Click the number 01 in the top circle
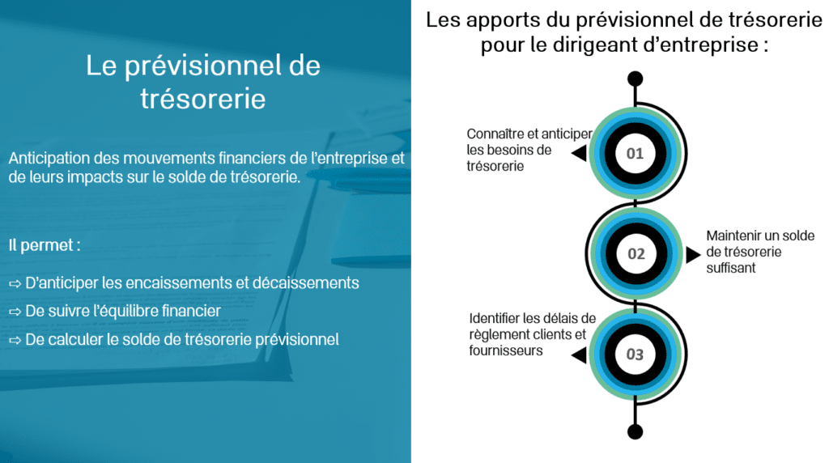click(635, 154)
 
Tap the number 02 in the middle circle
click(636, 254)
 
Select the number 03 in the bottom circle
click(635, 354)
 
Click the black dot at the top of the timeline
click(635, 79)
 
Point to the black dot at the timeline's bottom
click(635, 431)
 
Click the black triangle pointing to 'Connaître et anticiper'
click(580, 153)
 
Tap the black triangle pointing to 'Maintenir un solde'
click(693, 255)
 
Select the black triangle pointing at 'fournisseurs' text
click(580, 355)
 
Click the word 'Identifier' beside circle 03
click(494, 318)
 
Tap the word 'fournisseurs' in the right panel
click(506, 350)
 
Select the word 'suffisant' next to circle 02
click(731, 268)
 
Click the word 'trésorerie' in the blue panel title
click(203, 99)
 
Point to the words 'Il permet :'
click(45, 245)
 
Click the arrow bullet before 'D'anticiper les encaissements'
click(15, 284)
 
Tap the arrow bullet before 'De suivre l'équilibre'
click(15, 312)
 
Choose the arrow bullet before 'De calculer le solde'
click(15, 341)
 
